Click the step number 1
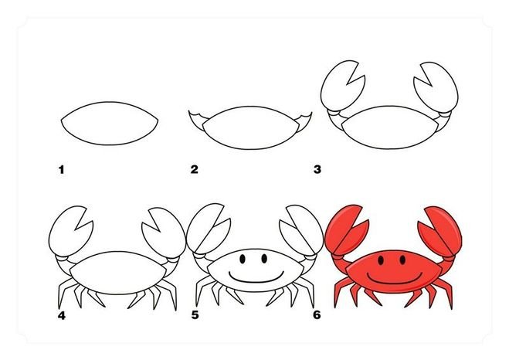coord(61,169)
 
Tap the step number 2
coord(194,169)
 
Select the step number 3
coord(317,169)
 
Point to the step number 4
coord(61,315)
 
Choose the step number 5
coord(195,315)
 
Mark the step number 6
coord(317,315)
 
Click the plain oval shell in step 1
coord(110,124)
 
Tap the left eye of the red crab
coord(381,260)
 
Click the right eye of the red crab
coord(402,260)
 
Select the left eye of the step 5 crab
coord(243,259)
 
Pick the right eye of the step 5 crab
coord(264,259)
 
